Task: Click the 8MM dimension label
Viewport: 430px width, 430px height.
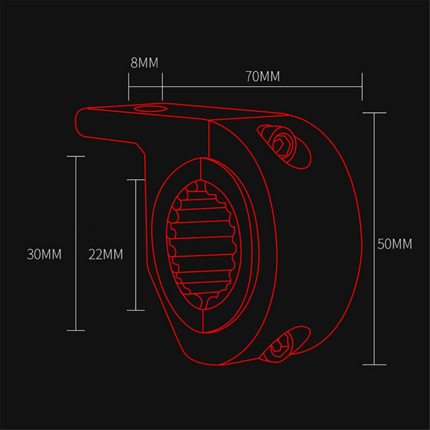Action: point(144,63)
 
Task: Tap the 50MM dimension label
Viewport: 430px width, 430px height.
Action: point(394,244)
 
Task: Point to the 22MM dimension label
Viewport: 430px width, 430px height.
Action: point(106,254)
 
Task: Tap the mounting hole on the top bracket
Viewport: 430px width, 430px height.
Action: point(148,107)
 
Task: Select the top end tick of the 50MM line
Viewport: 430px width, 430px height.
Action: point(374,113)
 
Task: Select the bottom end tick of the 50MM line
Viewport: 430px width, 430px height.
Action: point(374,364)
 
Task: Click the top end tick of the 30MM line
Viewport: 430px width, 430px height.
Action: point(76,156)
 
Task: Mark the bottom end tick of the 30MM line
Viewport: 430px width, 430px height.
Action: point(76,330)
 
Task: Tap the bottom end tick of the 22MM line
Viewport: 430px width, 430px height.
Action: point(136,310)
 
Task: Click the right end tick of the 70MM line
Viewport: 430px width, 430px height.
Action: point(363,86)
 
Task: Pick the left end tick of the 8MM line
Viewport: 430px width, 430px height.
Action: point(128,86)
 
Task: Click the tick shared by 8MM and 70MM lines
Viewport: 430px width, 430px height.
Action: point(162,86)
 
